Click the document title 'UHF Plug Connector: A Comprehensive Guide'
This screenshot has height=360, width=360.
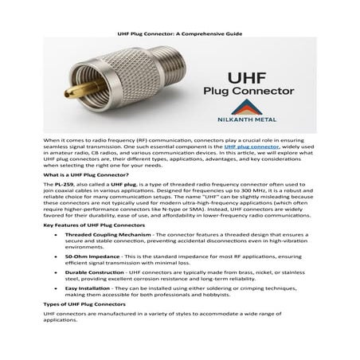click(x=179, y=34)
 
